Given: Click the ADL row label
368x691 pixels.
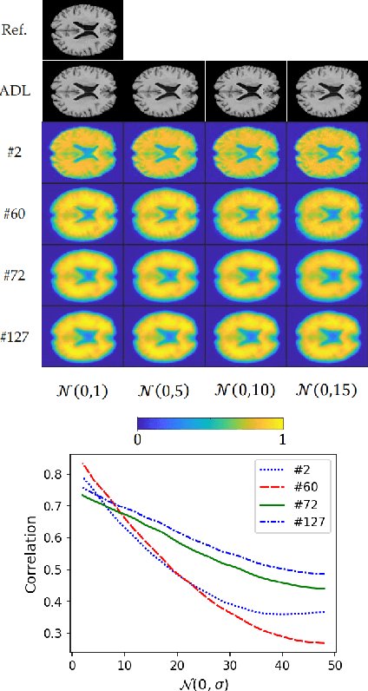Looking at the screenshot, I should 20,91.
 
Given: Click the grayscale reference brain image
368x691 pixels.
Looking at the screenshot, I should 82,30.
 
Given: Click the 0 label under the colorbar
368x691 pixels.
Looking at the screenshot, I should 139,438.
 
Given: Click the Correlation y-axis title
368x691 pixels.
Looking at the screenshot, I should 32,555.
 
